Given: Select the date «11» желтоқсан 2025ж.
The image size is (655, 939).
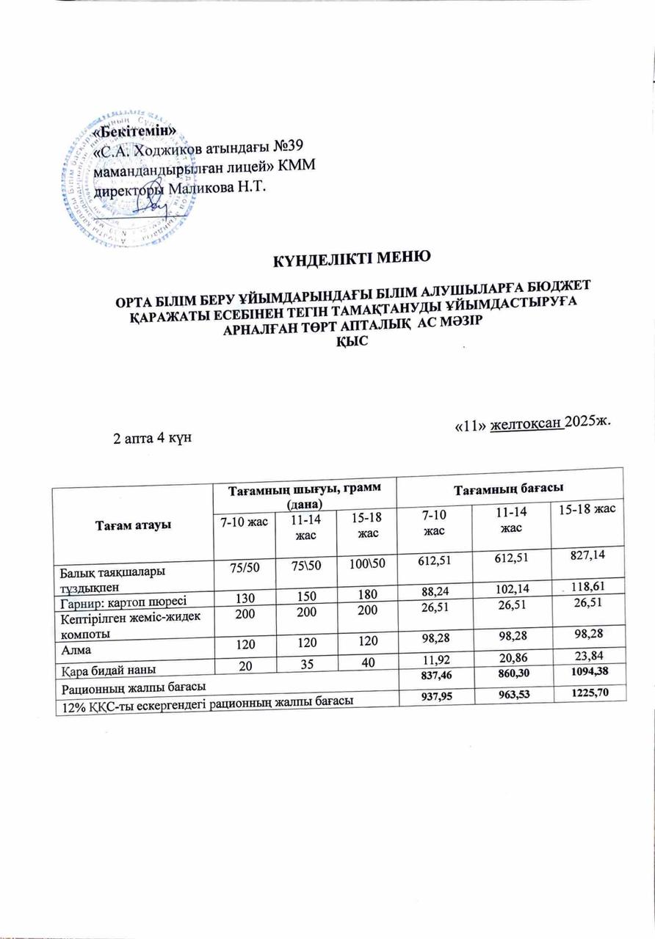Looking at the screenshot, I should pos(533,425).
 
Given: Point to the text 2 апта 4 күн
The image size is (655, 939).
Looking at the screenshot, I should pos(151,439).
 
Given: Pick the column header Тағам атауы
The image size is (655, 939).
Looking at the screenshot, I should pos(132,526).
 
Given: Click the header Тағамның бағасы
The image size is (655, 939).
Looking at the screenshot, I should pos(510,487).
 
